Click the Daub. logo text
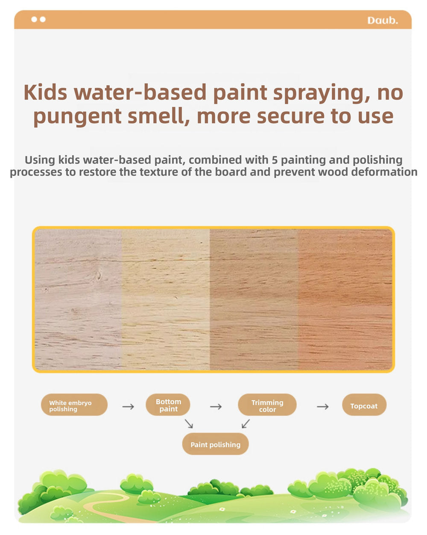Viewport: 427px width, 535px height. coord(383,20)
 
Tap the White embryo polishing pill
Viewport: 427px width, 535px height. coord(74,405)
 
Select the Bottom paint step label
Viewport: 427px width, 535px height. coord(168,405)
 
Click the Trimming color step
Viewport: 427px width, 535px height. coord(267,405)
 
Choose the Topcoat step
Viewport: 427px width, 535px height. coord(364,405)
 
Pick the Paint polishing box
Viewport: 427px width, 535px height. coord(215,445)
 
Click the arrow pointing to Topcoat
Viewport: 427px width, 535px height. coord(323,407)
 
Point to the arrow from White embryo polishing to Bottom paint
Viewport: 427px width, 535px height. coord(128,407)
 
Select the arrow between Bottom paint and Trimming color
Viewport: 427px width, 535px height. coord(216,407)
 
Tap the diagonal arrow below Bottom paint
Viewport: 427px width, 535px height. coord(189,424)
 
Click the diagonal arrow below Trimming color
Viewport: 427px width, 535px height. coord(246,424)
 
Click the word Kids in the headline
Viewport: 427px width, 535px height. coord(45,93)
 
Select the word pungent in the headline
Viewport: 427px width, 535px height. coord(77,117)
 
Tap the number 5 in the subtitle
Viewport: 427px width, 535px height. coord(275,160)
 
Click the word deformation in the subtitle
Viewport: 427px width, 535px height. coord(384,172)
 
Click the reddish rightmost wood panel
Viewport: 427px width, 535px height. coord(345,300)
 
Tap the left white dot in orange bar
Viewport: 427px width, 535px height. coord(34,19)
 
